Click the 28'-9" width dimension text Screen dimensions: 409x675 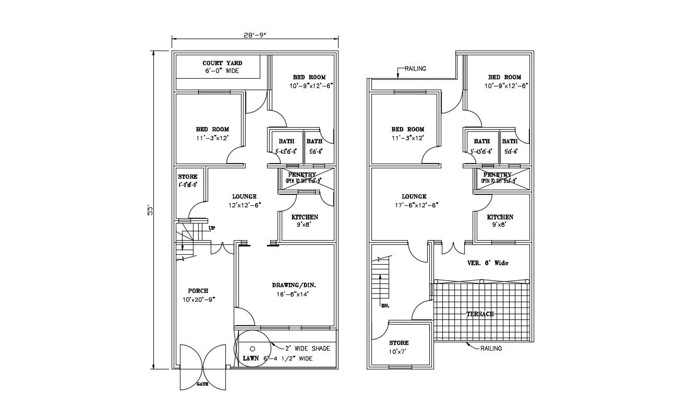click(x=255, y=35)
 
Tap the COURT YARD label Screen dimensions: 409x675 click(x=222, y=64)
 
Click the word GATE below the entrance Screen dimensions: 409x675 click(x=202, y=384)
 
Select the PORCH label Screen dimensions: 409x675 click(x=198, y=291)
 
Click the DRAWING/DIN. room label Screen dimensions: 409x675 click(x=294, y=286)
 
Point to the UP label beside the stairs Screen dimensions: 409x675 click(x=212, y=228)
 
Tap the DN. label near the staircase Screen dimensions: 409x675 click(x=385, y=305)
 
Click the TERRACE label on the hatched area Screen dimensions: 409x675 click(x=479, y=314)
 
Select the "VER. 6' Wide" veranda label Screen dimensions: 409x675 click(x=488, y=263)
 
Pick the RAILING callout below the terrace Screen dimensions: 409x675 click(x=491, y=349)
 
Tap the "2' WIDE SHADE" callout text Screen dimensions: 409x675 click(x=307, y=349)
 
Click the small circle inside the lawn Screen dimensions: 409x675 click(x=252, y=348)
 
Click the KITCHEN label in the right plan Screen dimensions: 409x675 click(x=500, y=217)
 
